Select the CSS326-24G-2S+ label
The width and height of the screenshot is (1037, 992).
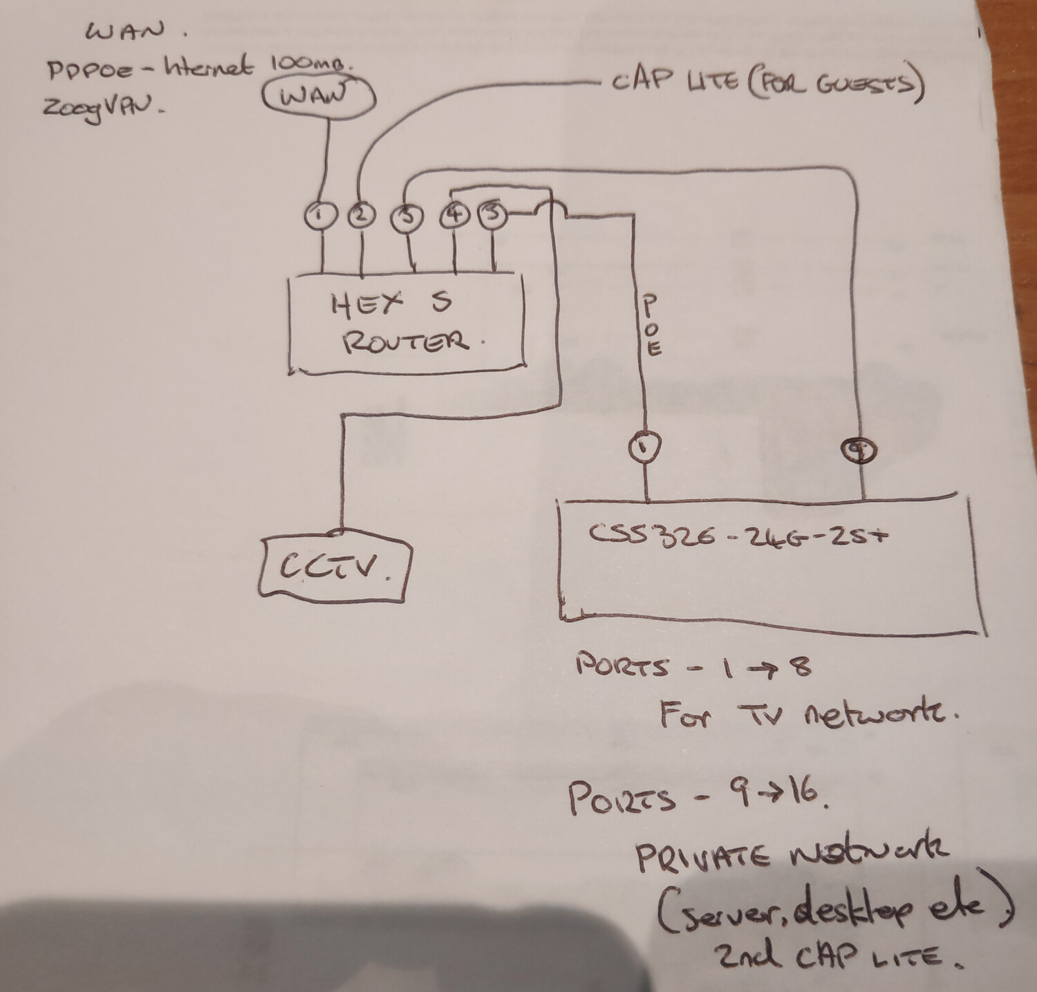[x=736, y=534]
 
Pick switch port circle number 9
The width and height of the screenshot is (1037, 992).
[x=860, y=450]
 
